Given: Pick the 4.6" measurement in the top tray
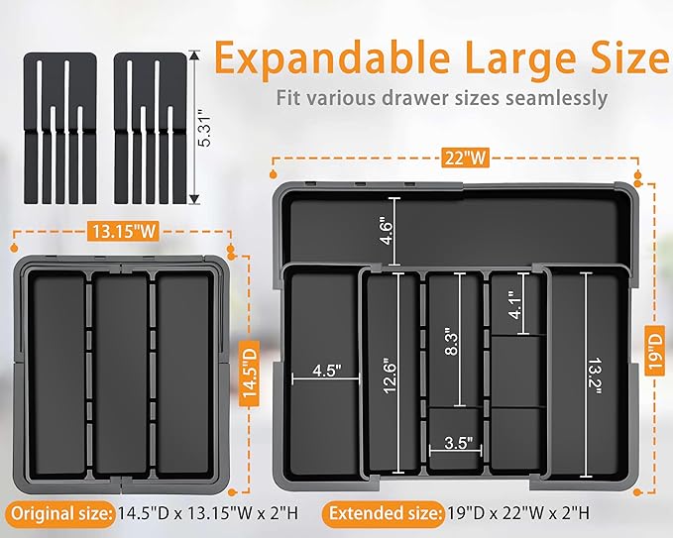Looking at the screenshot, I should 386,232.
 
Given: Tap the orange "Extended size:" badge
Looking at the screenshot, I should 384,514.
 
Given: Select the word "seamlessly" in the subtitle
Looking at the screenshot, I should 558,99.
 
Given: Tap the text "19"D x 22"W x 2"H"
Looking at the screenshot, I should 526,514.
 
